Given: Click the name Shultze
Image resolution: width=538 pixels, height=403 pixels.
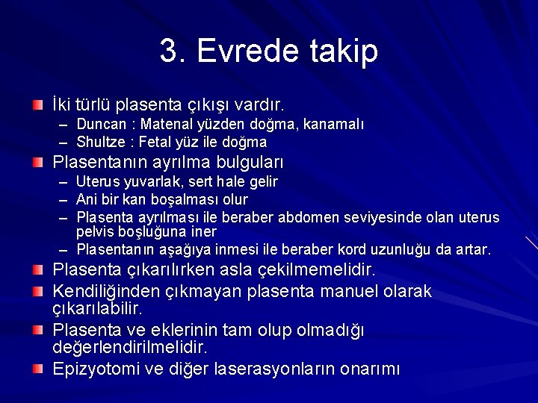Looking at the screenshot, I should tap(100, 142).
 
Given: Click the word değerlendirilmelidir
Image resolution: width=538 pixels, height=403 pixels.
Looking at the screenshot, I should tap(130, 348).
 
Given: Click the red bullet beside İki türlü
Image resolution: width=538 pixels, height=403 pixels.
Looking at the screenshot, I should tap(38, 101).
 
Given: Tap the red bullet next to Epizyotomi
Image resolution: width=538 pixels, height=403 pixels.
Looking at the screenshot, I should tap(38, 368).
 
